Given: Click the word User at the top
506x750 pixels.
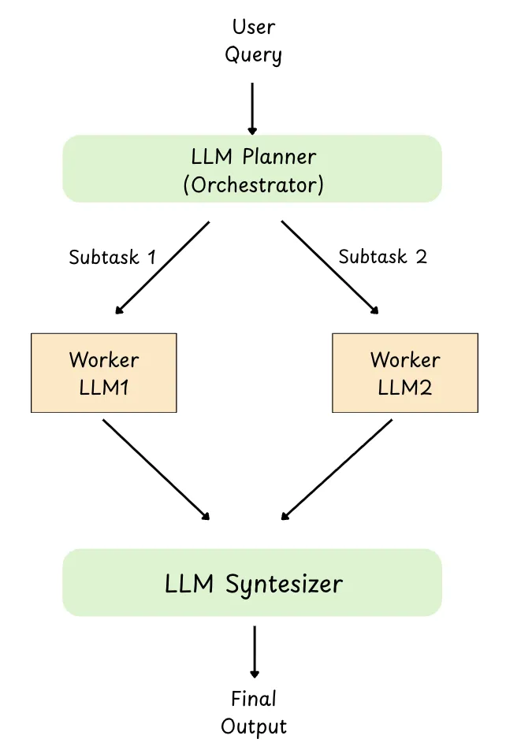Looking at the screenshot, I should click(253, 28).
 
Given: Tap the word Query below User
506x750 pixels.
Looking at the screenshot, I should click(253, 55).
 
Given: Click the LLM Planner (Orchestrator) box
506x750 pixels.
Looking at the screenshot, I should click(252, 169).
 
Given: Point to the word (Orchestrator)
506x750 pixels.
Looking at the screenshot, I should click(252, 184).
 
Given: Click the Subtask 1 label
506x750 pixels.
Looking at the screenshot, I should click(112, 257).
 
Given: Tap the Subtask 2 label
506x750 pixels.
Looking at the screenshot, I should click(382, 257).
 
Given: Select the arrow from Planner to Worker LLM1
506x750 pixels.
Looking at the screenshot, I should click(162, 268).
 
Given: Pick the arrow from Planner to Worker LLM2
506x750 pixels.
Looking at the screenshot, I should click(329, 268).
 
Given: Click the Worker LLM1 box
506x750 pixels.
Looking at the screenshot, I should click(104, 373).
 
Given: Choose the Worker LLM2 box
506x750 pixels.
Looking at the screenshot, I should click(405, 373).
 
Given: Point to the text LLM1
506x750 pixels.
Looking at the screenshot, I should click(104, 388).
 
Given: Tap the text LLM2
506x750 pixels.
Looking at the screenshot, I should click(405, 388).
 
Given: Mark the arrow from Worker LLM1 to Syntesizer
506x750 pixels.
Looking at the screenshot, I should click(156, 469).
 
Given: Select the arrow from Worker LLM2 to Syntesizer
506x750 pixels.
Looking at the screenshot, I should click(337, 469).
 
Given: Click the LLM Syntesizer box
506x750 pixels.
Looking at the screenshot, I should click(252, 583).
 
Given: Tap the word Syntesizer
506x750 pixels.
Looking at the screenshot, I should click(285, 585).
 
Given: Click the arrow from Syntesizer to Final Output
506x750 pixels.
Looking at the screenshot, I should click(254, 652).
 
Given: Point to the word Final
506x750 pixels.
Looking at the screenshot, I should click(254, 699).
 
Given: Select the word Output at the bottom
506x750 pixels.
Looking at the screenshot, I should click(254, 726).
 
